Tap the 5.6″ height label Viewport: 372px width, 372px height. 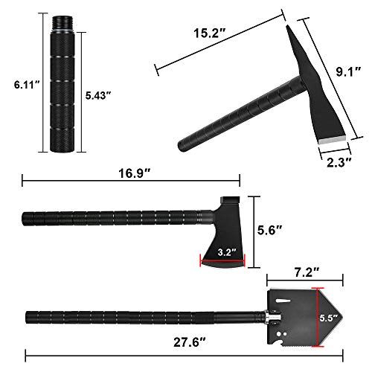pyautogui.click(x=275, y=231)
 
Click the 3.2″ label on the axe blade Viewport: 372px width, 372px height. pyautogui.click(x=221, y=251)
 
